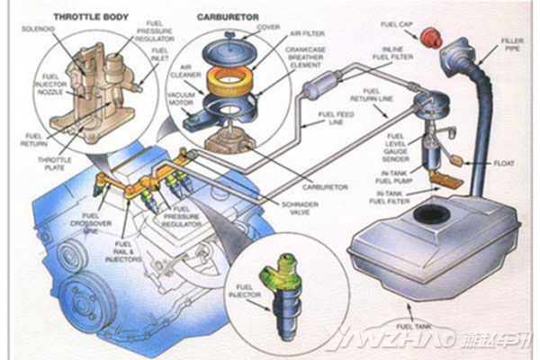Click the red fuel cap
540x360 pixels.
click(x=428, y=36)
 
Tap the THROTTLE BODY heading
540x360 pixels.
click(x=90, y=15)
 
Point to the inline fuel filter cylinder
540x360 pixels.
click(x=319, y=90)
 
